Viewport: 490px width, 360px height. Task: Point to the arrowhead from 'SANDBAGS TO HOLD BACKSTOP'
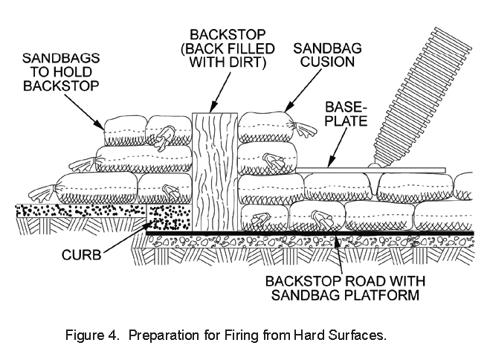(107, 127)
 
